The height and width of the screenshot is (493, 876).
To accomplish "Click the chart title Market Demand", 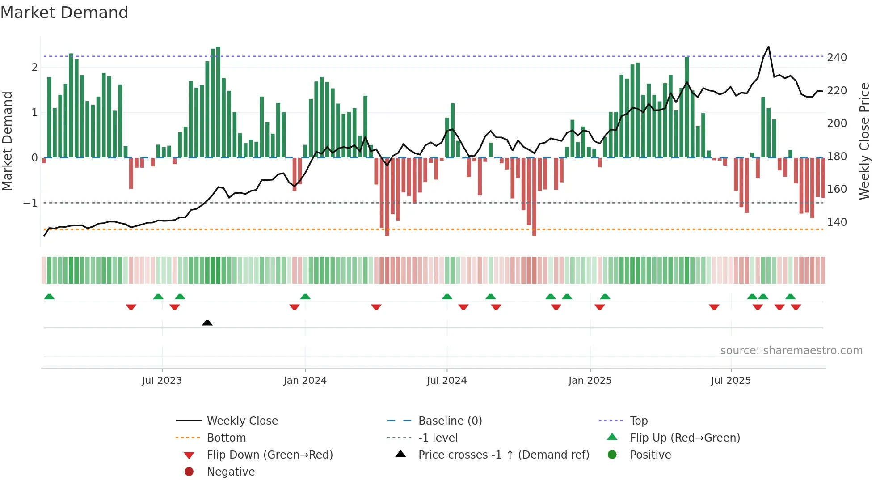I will coord(64,13).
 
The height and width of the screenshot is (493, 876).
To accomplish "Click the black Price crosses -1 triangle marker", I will coord(207,323).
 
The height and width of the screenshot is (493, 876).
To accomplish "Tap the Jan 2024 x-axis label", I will coord(305,381).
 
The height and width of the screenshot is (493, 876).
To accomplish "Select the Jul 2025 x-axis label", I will coord(731,381).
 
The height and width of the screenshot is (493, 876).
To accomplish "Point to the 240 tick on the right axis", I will coord(837,58).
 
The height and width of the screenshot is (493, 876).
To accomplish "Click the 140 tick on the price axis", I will coord(837,222).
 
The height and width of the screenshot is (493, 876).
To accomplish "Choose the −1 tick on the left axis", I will coord(31,203).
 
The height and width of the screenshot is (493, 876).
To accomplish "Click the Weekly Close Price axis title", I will coord(864,141).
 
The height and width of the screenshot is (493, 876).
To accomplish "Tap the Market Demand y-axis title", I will coord(7,141).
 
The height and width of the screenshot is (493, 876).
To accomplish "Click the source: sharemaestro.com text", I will coord(791,351).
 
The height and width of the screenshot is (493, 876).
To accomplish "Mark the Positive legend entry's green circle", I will coord(612,455).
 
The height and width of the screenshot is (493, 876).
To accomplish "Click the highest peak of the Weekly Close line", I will coord(768,47).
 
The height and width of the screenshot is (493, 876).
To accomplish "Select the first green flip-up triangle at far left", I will coord(49,297).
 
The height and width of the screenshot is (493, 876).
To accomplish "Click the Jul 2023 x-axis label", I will coord(162,381).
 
